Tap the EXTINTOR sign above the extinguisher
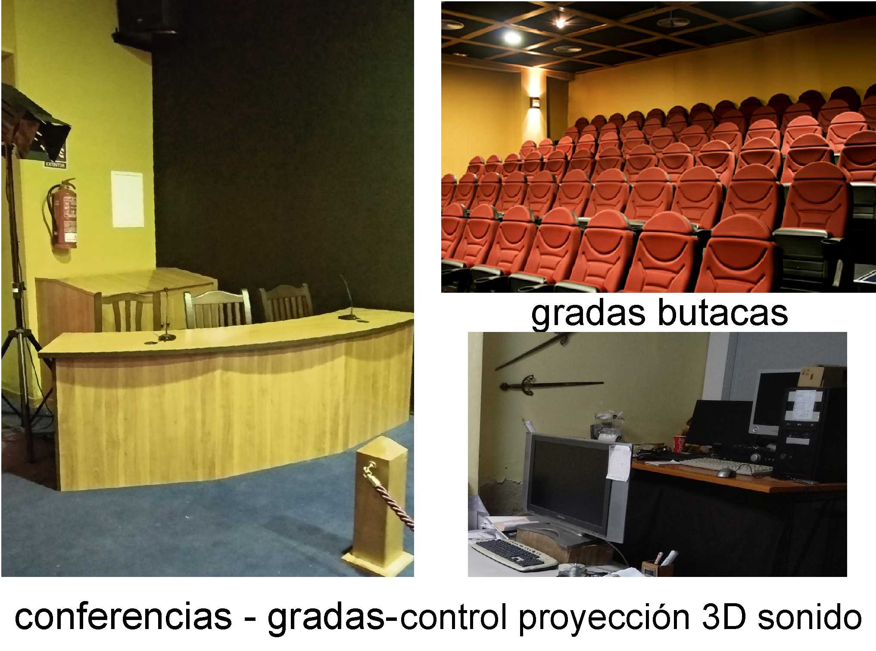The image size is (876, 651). [55, 165]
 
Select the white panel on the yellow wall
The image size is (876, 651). [127, 199]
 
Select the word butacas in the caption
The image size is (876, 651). [722, 313]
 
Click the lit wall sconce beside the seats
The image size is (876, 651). [535, 102]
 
